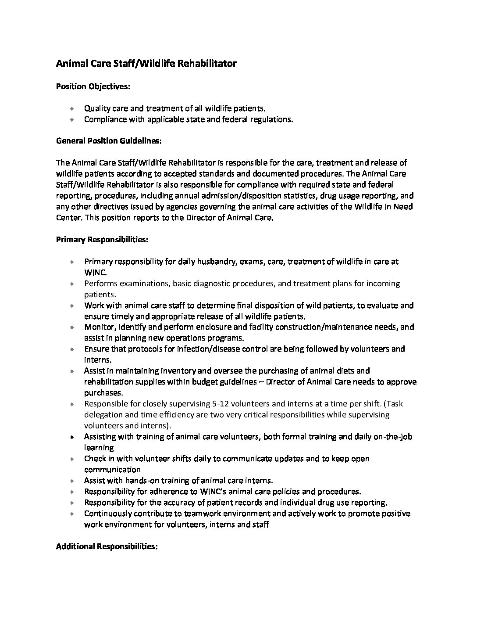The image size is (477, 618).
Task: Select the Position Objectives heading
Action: click(x=93, y=86)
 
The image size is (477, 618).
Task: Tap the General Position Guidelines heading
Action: click(x=109, y=141)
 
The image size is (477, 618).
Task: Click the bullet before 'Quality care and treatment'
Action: click(x=72, y=108)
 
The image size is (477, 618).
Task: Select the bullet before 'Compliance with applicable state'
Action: click(x=72, y=119)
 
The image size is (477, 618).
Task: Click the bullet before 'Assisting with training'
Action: click(x=72, y=437)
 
